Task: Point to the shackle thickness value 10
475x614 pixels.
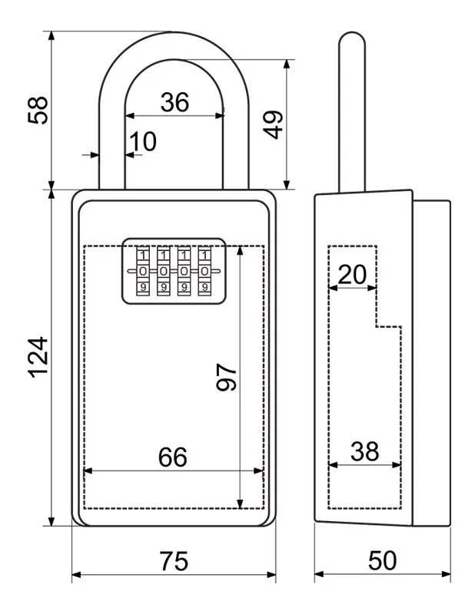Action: [142, 141]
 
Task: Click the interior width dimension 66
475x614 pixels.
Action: [173, 457]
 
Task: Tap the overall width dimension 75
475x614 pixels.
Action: [174, 561]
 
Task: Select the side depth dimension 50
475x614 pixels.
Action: [382, 561]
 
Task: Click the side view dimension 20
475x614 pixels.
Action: [352, 274]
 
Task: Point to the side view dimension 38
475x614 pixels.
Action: [364, 451]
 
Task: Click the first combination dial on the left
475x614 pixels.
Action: [143, 271]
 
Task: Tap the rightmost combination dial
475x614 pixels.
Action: [204, 271]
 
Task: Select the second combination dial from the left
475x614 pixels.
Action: [164, 271]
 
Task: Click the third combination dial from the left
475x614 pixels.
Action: [184, 271]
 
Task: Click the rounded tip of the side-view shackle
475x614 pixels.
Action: [351, 38]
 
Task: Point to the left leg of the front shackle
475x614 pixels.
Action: [111, 146]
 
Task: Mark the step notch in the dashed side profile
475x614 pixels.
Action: [377, 325]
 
